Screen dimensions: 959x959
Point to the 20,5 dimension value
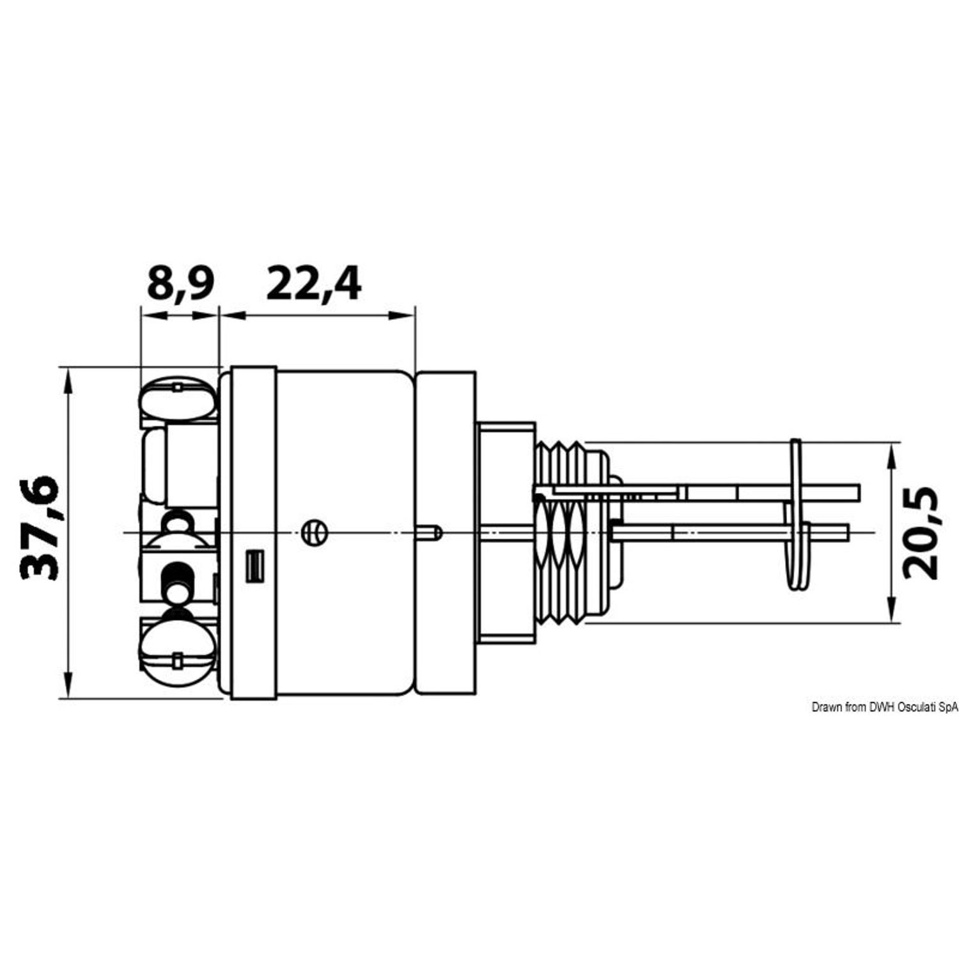coord(921,533)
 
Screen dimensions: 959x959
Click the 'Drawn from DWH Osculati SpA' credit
coord(885,707)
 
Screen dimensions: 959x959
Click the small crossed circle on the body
coord(314,531)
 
